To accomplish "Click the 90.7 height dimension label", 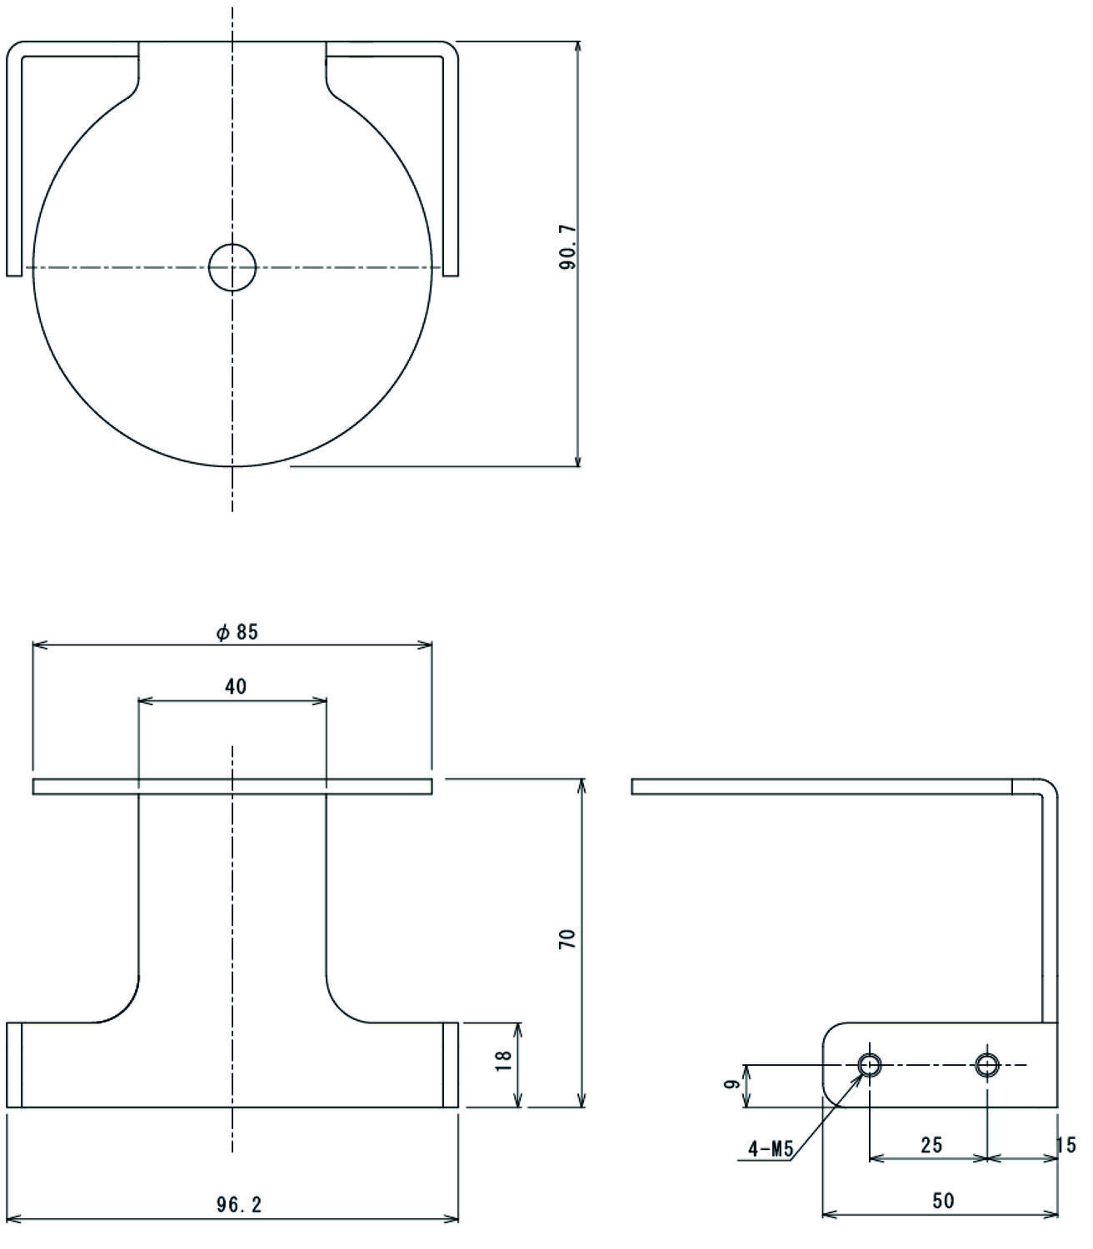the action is point(567,246).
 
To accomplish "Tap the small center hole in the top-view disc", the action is point(232,267).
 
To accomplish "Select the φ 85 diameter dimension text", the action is point(237,632).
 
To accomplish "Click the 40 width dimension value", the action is point(236,687).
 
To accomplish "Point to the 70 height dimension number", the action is point(567,937).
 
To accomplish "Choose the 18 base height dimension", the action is point(503,1062).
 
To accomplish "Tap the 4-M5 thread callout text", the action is point(771,1149).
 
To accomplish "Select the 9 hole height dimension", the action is point(731,1083).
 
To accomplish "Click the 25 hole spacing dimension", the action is point(931,1145).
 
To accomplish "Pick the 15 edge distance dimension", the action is point(1066,1145).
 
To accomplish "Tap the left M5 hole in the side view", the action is point(870,1065).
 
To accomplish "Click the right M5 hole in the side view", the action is point(986,1065).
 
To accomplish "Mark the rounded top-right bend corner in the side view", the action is point(1051,786).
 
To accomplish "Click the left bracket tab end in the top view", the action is point(14,272).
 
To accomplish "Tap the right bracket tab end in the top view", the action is point(451,272).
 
